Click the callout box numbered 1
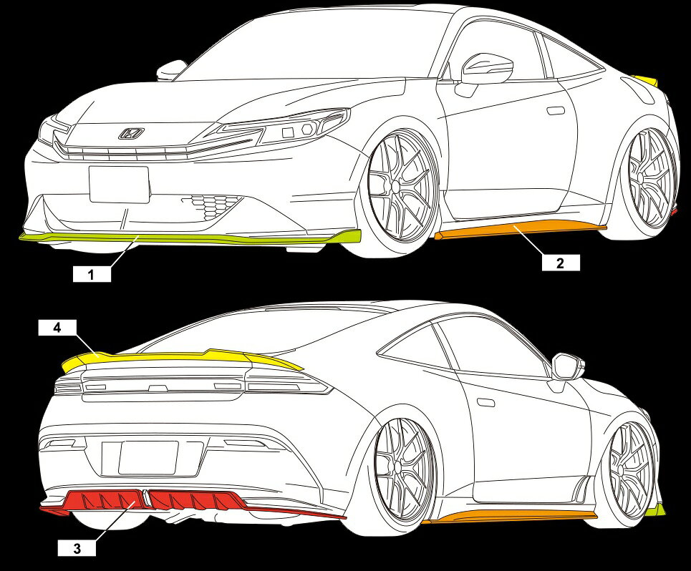point(92,274)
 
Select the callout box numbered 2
point(561,263)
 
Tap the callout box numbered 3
point(77,549)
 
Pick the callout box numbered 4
point(58,328)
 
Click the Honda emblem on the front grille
point(131,133)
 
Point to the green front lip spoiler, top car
point(190,238)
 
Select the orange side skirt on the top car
point(520,230)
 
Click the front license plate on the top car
point(119,185)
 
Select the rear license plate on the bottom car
point(148,458)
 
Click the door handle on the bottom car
point(485,402)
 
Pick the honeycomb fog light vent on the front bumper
point(211,206)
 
